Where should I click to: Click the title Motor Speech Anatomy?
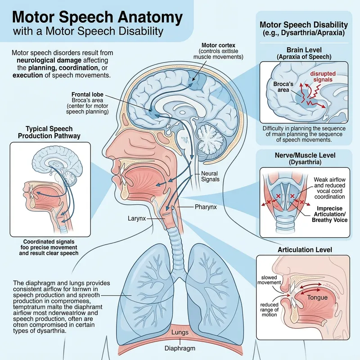(97, 18)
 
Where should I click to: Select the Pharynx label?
(193, 208)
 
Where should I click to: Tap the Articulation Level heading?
(305, 249)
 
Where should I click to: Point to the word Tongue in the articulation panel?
(317, 297)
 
